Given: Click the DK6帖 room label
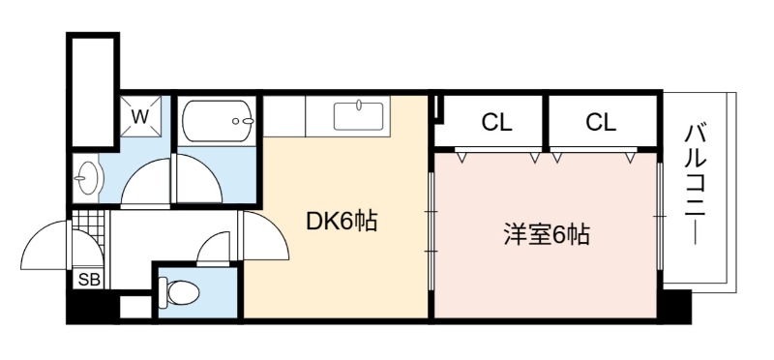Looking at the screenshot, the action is [x=342, y=222].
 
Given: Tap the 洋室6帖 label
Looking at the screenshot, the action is [x=547, y=235].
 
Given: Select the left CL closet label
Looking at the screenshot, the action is [x=496, y=123].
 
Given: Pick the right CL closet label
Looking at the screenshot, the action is [x=601, y=123].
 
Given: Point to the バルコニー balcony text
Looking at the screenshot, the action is [x=695, y=185].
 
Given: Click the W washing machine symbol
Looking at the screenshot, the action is [x=140, y=116].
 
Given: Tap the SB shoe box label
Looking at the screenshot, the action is [x=89, y=280].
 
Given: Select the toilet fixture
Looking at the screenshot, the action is [x=179, y=293].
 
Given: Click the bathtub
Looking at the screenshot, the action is [x=218, y=121].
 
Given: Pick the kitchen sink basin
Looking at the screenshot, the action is [x=358, y=116].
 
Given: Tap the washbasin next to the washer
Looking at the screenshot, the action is [x=88, y=178].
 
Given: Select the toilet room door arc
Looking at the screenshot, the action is [x=213, y=250].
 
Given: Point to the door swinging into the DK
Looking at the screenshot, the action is [x=265, y=235].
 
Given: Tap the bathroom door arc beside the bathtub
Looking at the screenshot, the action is [x=199, y=178].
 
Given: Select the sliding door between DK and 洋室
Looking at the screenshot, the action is [x=431, y=231].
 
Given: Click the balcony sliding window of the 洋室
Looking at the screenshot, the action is [x=660, y=217].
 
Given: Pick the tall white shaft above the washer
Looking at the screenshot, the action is [x=93, y=90].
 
